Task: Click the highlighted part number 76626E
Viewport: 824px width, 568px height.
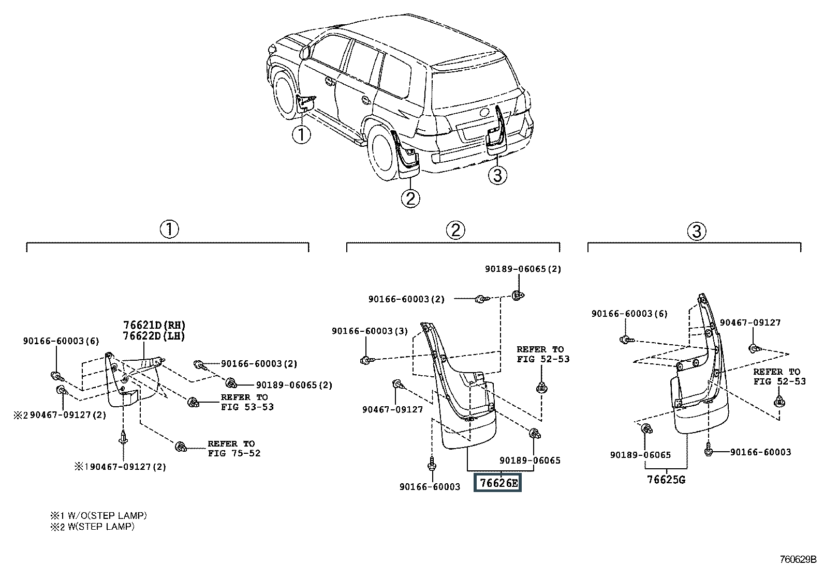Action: (498, 483)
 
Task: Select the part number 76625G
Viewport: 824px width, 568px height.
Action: (666, 480)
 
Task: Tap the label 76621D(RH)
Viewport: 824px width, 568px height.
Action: (154, 325)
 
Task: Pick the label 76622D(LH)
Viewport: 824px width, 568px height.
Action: (154, 335)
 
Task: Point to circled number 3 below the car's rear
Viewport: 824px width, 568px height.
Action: (497, 176)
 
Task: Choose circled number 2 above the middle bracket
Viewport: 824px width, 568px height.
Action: (455, 230)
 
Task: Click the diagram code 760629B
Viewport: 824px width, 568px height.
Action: (798, 559)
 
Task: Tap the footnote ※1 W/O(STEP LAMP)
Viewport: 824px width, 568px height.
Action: (98, 516)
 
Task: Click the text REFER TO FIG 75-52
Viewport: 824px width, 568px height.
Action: (234, 449)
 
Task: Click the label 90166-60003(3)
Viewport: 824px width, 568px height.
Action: (370, 331)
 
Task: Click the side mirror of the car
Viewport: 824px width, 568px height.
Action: (304, 52)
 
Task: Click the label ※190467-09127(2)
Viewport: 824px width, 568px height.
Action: (120, 467)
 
